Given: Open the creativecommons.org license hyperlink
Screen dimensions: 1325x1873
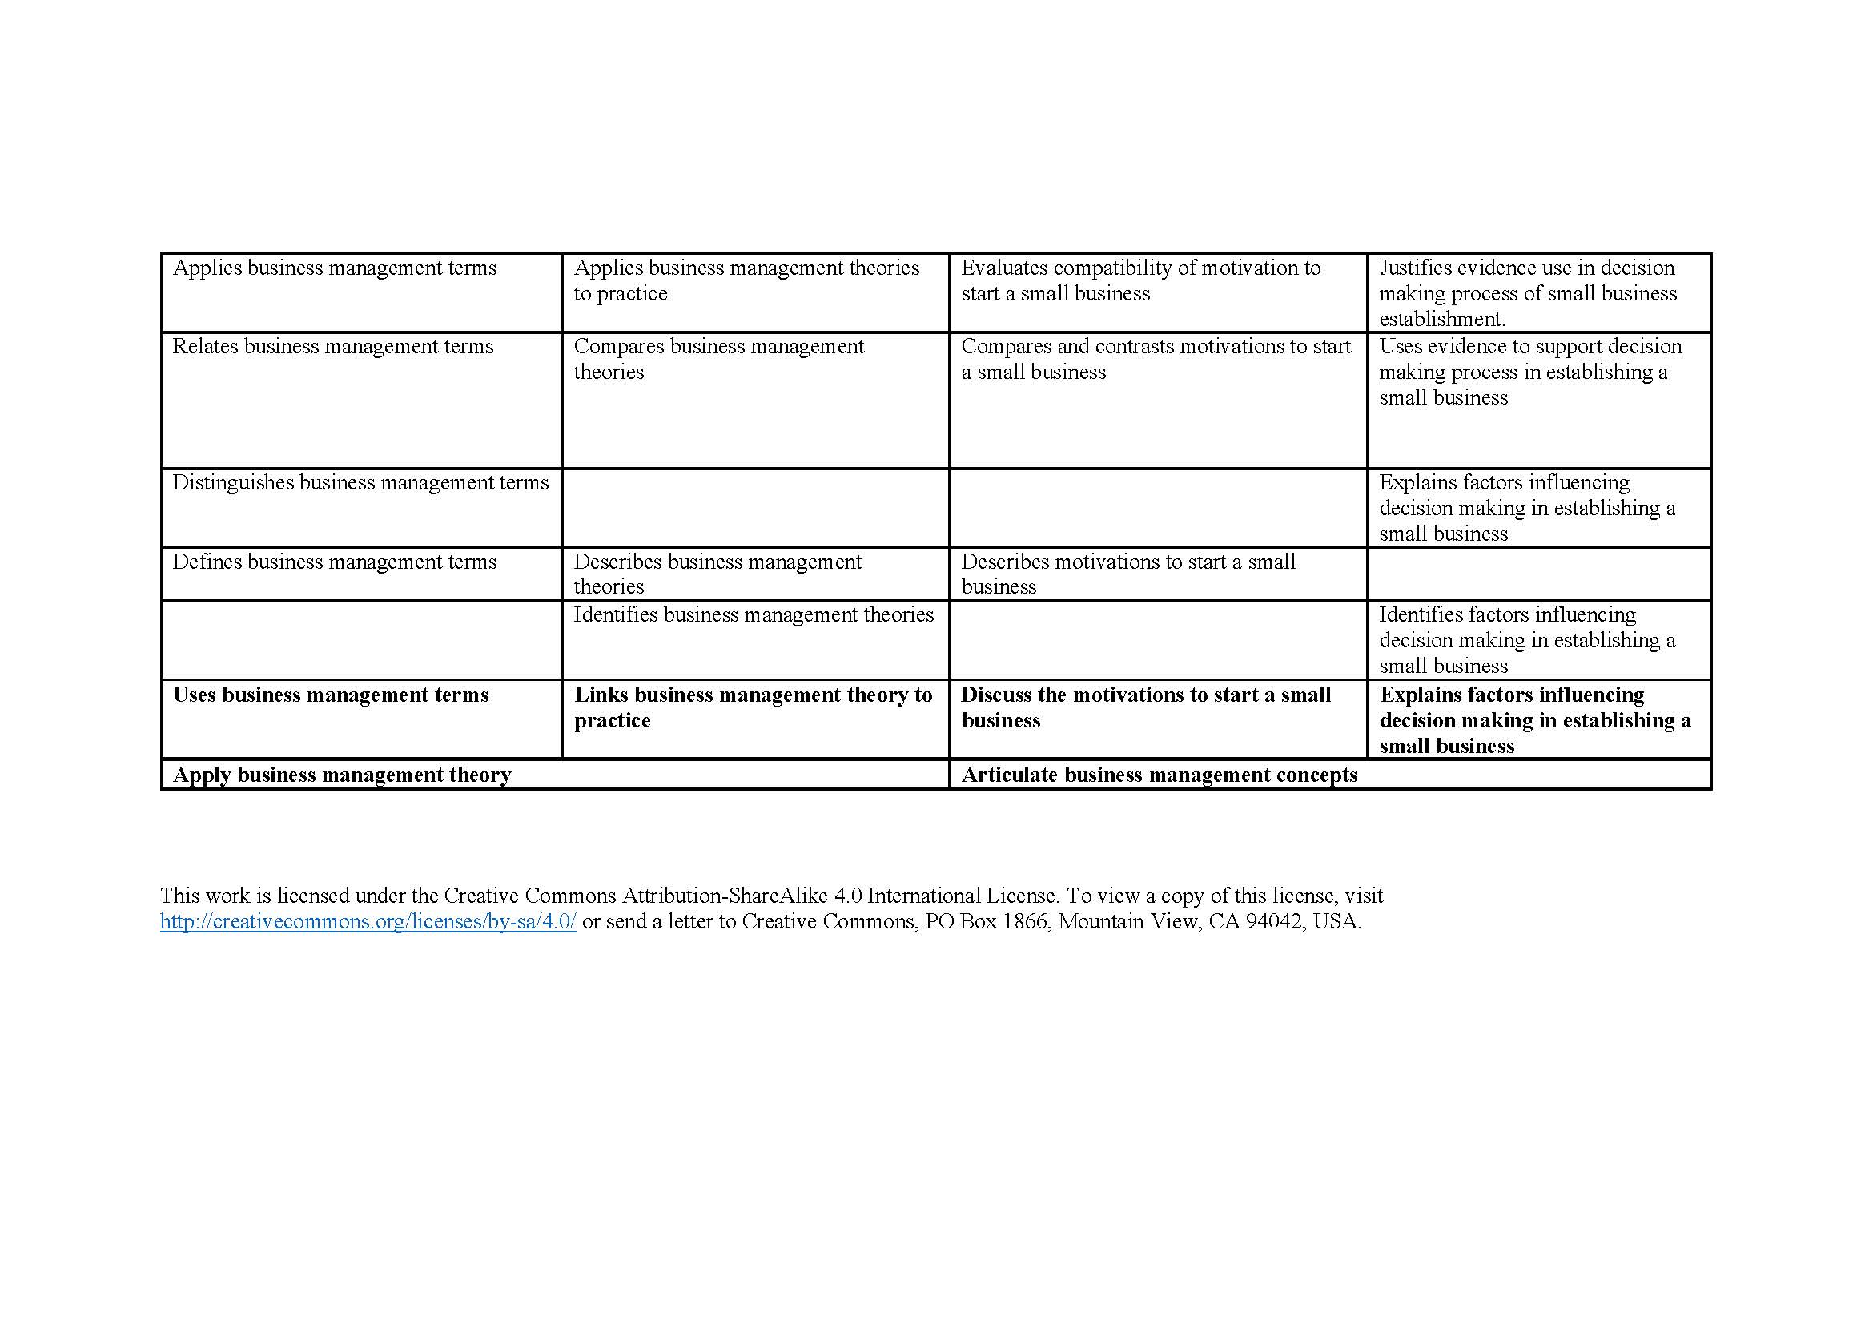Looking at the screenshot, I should click(x=368, y=922).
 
